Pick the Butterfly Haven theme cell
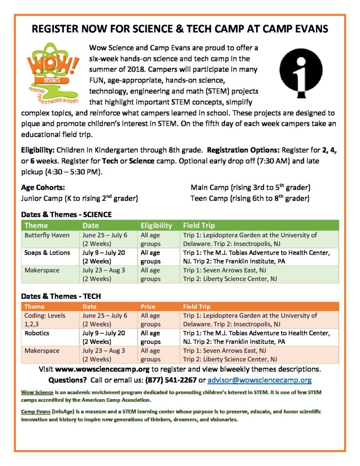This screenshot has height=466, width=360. [46, 235]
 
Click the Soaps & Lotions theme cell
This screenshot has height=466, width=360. [47, 253]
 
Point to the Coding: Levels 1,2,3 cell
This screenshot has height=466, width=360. [45, 319]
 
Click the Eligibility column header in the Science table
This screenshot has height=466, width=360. [156, 225]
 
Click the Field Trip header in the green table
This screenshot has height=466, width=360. [199, 225]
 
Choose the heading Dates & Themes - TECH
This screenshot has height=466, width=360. [61, 296]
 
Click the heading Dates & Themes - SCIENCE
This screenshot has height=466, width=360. [66, 214]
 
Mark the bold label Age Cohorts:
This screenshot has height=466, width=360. [43, 187]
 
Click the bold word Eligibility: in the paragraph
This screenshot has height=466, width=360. [39, 151]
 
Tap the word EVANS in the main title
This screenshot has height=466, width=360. [305, 30]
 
